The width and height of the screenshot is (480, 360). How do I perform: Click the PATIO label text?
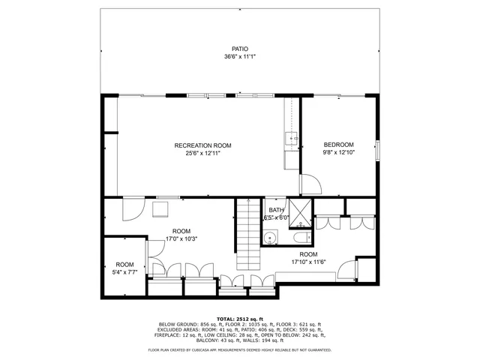pyautogui.click(x=240, y=49)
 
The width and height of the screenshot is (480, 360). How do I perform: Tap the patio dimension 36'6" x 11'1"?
pyautogui.click(x=240, y=57)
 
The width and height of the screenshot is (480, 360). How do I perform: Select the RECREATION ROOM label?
pyautogui.click(x=202, y=145)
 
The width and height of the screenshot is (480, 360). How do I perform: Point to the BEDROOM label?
pyautogui.click(x=338, y=145)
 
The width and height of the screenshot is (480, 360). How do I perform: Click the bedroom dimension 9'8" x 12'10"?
pyautogui.click(x=338, y=152)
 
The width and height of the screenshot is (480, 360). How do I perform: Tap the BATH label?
pyautogui.click(x=276, y=210)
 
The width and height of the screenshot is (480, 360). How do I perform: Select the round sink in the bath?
pyautogui.click(x=270, y=239)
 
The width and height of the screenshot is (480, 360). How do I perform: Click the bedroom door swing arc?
pyautogui.click(x=310, y=184)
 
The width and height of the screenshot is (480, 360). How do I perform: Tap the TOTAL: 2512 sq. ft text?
pyautogui.click(x=240, y=319)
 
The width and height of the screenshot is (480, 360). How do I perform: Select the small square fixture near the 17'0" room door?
pyautogui.click(x=161, y=208)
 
